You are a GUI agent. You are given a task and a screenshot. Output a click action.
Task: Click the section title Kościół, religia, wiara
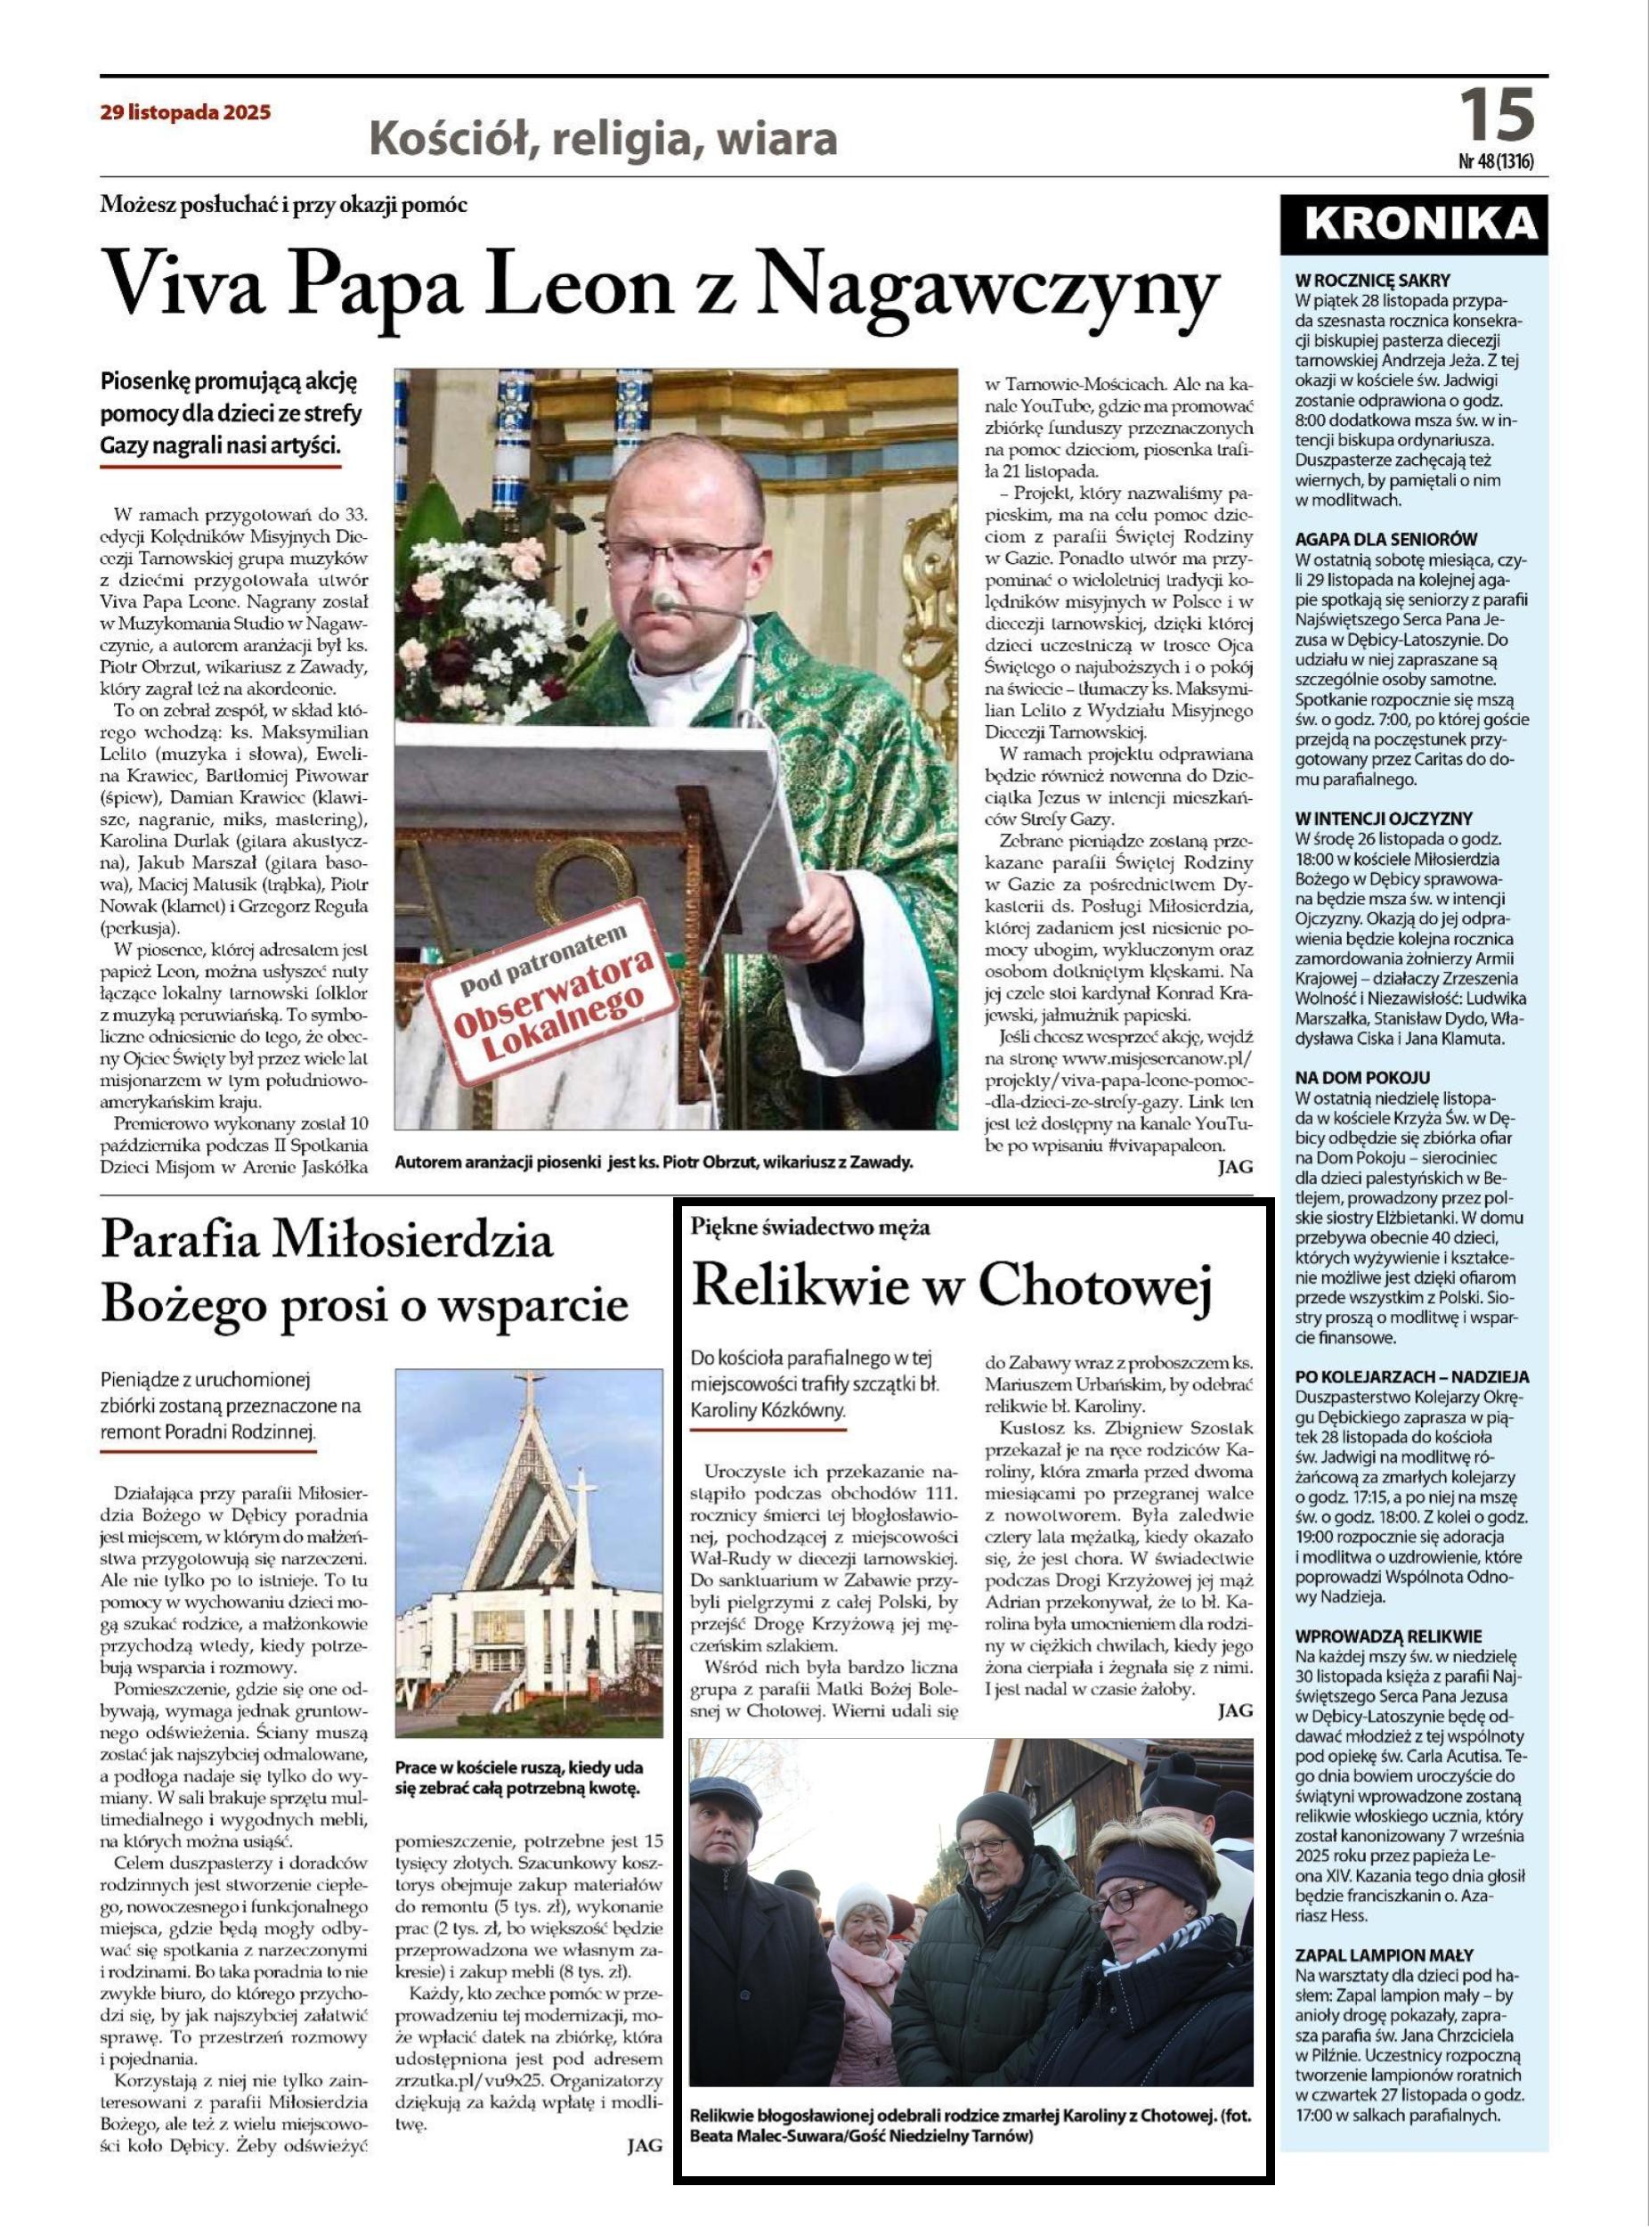[x=603, y=140]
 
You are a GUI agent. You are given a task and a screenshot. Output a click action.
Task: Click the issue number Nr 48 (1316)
[x=1495, y=160]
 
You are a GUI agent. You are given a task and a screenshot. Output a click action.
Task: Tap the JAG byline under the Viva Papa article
[x=1235, y=1166]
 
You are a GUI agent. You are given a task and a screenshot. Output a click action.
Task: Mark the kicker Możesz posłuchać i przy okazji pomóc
[x=283, y=206]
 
